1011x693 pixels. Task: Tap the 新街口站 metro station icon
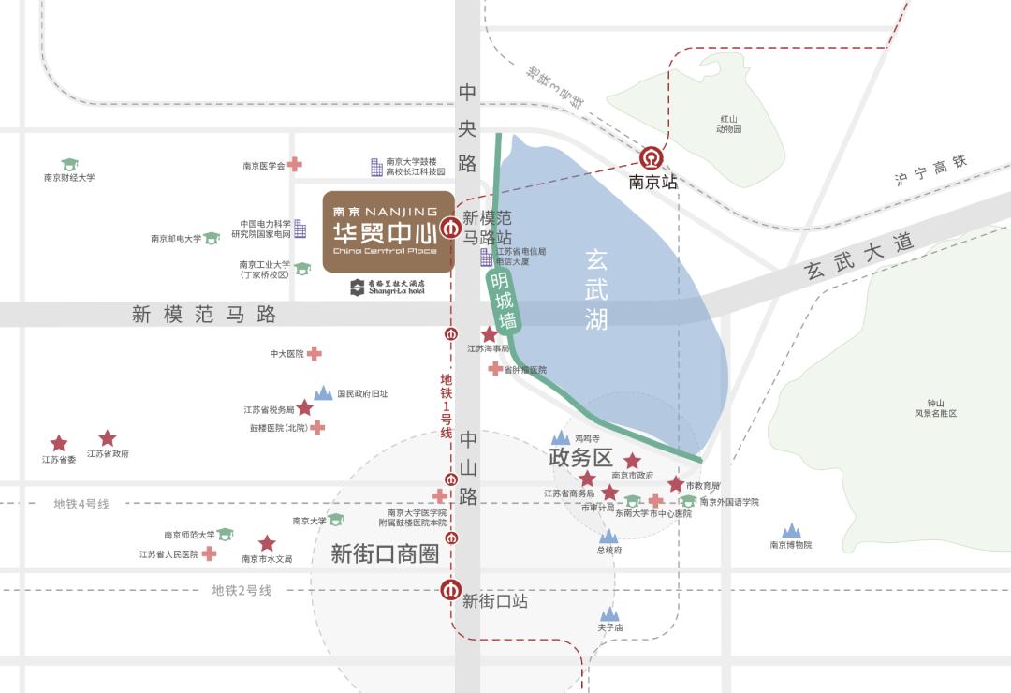click(451, 590)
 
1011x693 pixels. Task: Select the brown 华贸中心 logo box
click(388, 232)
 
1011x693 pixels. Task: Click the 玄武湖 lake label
click(596, 288)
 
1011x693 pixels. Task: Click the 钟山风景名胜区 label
click(936, 407)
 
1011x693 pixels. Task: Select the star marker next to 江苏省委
click(59, 443)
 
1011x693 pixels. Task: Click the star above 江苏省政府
click(108, 437)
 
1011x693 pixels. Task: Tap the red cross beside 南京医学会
click(295, 164)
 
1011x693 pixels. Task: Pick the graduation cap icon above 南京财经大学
click(69, 164)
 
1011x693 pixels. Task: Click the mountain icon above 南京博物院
click(792, 531)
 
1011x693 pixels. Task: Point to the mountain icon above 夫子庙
click(610, 613)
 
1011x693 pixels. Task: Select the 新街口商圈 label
click(385, 553)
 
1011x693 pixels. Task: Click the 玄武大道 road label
click(859, 258)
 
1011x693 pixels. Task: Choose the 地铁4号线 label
click(81, 504)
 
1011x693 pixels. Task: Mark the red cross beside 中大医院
click(315, 353)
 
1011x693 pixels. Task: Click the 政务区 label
click(579, 458)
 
